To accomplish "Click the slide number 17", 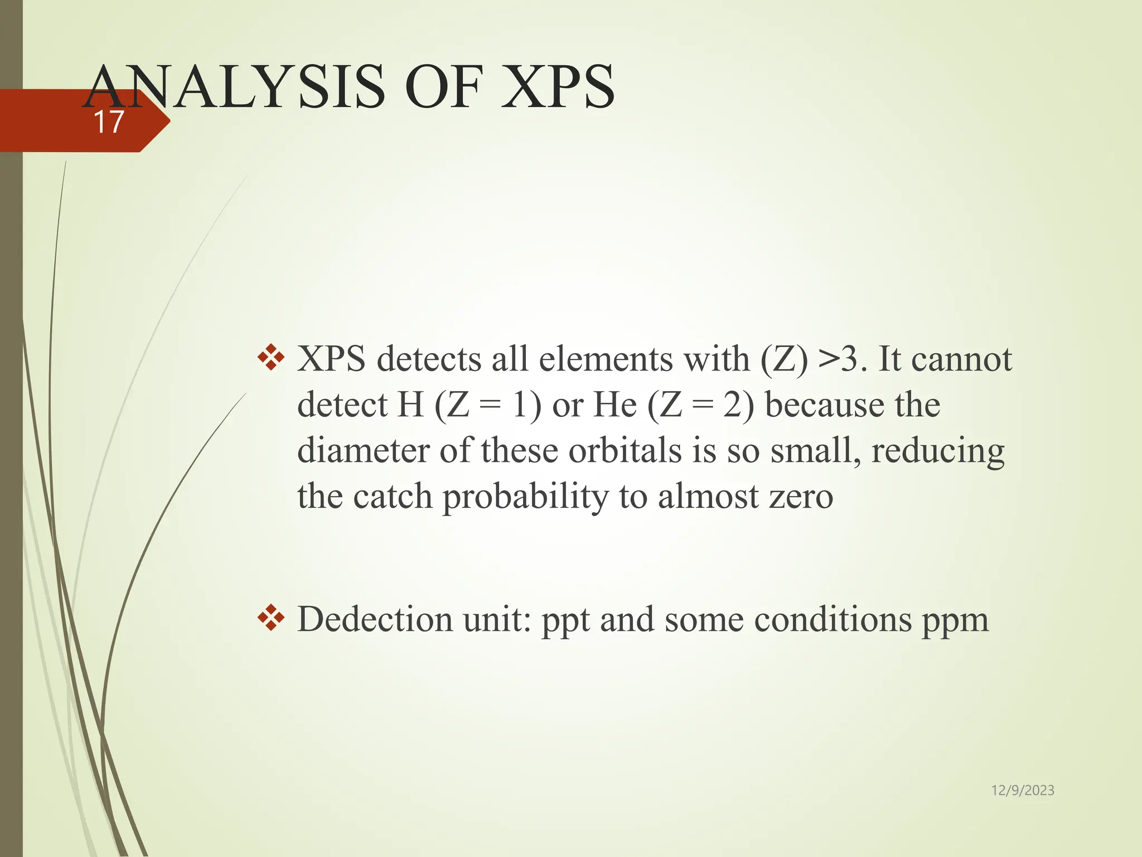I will point(108,122).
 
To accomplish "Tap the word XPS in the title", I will point(558,88).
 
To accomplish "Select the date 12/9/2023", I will point(1022,790).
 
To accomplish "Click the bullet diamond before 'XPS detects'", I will point(271,358).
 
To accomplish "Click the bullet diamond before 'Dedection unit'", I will point(271,618).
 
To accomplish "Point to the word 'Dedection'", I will point(374,619).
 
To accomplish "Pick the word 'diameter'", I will point(363,450).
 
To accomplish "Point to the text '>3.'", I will point(843,359).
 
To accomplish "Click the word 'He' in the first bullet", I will point(614,405).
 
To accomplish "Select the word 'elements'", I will point(606,359).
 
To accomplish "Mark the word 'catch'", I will point(393,497).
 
